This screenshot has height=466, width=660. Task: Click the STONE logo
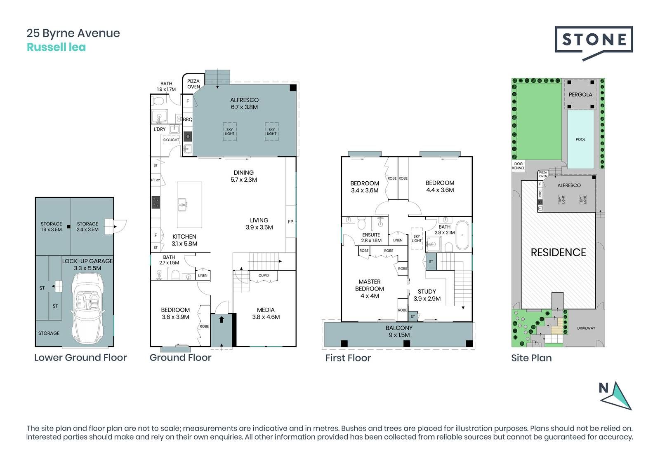[594, 43]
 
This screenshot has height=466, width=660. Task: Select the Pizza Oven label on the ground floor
[193, 84]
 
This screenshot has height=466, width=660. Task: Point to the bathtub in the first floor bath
[462, 235]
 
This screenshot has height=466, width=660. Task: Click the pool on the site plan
[580, 139]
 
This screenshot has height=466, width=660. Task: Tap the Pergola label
[580, 94]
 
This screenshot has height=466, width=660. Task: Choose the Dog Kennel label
[518, 166]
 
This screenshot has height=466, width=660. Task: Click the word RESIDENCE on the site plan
[558, 252]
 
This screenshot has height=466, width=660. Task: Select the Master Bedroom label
[370, 289]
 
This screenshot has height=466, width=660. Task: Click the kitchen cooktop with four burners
[156, 202]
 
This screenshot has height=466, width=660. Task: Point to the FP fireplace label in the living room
[290, 222]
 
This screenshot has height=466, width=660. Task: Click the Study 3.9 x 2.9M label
[427, 295]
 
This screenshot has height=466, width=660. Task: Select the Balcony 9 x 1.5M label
[399, 331]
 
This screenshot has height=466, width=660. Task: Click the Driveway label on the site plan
[586, 328]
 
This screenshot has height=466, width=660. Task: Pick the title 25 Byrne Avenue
[73, 33]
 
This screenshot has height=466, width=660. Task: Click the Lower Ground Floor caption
[80, 357]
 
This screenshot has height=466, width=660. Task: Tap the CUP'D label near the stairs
[264, 276]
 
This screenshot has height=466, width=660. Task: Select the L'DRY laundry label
[159, 129]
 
